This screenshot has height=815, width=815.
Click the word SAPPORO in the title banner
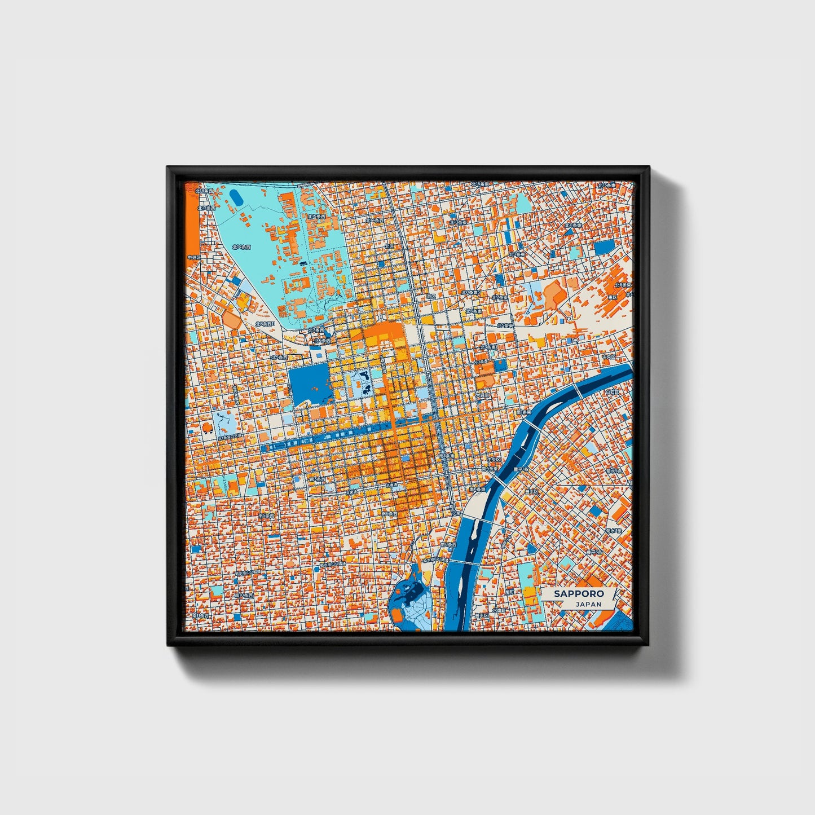click(x=578, y=594)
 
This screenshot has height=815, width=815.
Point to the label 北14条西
click(x=241, y=246)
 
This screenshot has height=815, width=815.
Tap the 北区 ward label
click(x=390, y=246)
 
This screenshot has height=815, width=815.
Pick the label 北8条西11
click(x=264, y=324)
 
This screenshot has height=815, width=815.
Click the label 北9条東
click(x=517, y=254)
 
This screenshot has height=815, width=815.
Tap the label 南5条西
click(x=266, y=516)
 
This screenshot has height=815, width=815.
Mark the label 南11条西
click(x=200, y=616)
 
